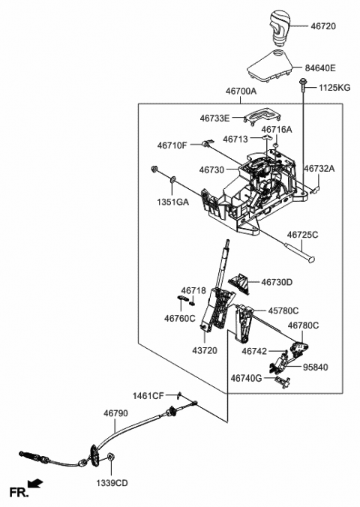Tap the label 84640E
(x=328, y=67)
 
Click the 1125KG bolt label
(x=334, y=88)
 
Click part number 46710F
(x=173, y=145)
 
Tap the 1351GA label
(x=172, y=202)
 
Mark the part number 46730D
(x=277, y=282)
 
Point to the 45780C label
(x=283, y=310)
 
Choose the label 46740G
(x=247, y=379)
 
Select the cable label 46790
(x=115, y=412)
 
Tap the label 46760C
(x=180, y=317)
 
